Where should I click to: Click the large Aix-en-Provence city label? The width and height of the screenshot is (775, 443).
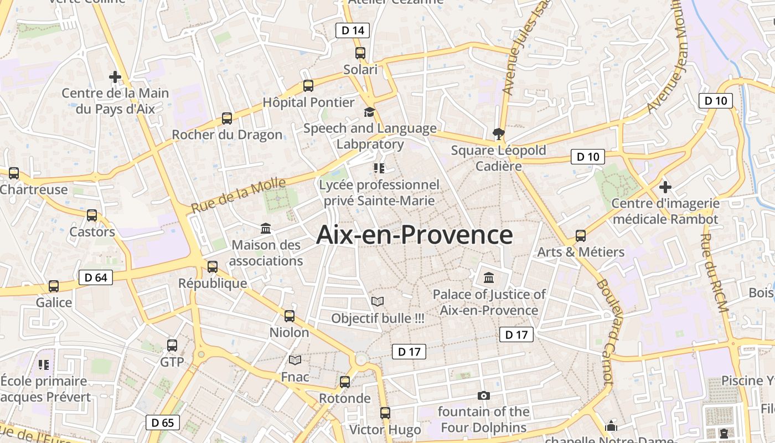(x=415, y=235)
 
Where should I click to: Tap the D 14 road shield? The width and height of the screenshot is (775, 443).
(x=353, y=30)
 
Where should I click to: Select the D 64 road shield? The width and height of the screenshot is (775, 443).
(x=96, y=277)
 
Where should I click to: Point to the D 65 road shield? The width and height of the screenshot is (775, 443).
(x=163, y=423)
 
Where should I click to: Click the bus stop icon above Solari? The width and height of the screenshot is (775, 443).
(x=360, y=53)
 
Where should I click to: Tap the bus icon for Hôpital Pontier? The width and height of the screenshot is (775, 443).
(x=308, y=86)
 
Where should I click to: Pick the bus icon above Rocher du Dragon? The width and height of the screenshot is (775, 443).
(x=227, y=118)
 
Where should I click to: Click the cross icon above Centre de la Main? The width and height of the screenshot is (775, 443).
(x=115, y=76)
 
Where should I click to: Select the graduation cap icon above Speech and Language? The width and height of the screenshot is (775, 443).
(x=369, y=112)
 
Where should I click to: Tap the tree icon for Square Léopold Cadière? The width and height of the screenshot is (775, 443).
(x=498, y=133)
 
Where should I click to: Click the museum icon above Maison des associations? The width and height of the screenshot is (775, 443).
(x=266, y=228)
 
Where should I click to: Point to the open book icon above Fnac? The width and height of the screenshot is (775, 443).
(x=295, y=360)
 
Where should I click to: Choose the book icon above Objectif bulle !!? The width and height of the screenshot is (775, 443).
(x=378, y=302)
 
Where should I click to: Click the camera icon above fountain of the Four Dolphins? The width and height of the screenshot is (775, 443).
(x=484, y=395)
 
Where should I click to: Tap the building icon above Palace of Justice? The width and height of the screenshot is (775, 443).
(x=489, y=277)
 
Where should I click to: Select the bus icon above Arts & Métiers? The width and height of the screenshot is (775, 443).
(x=581, y=236)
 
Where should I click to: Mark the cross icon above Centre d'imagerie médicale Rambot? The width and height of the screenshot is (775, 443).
(x=665, y=187)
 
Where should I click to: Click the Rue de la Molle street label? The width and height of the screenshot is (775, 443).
(x=239, y=195)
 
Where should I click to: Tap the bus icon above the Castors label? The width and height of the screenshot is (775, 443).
(x=92, y=215)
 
